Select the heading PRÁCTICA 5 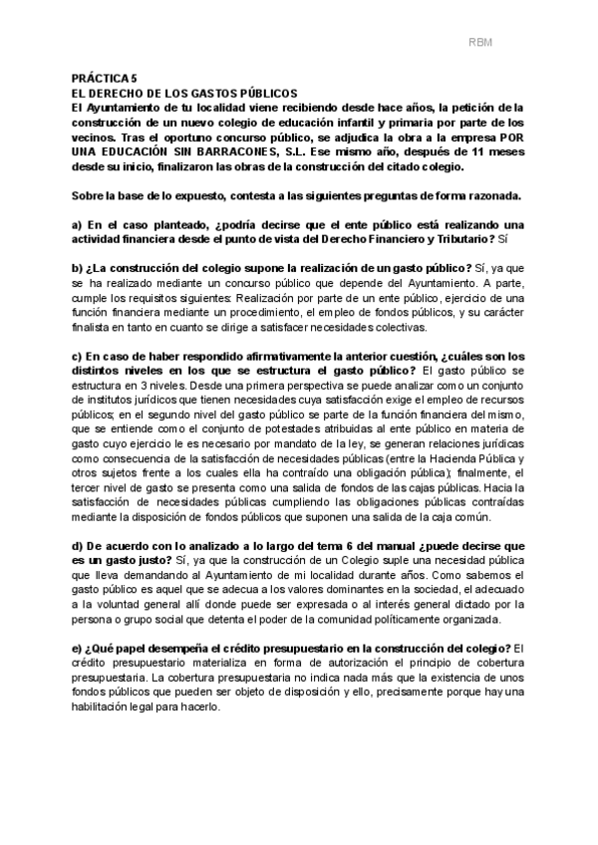106,77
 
